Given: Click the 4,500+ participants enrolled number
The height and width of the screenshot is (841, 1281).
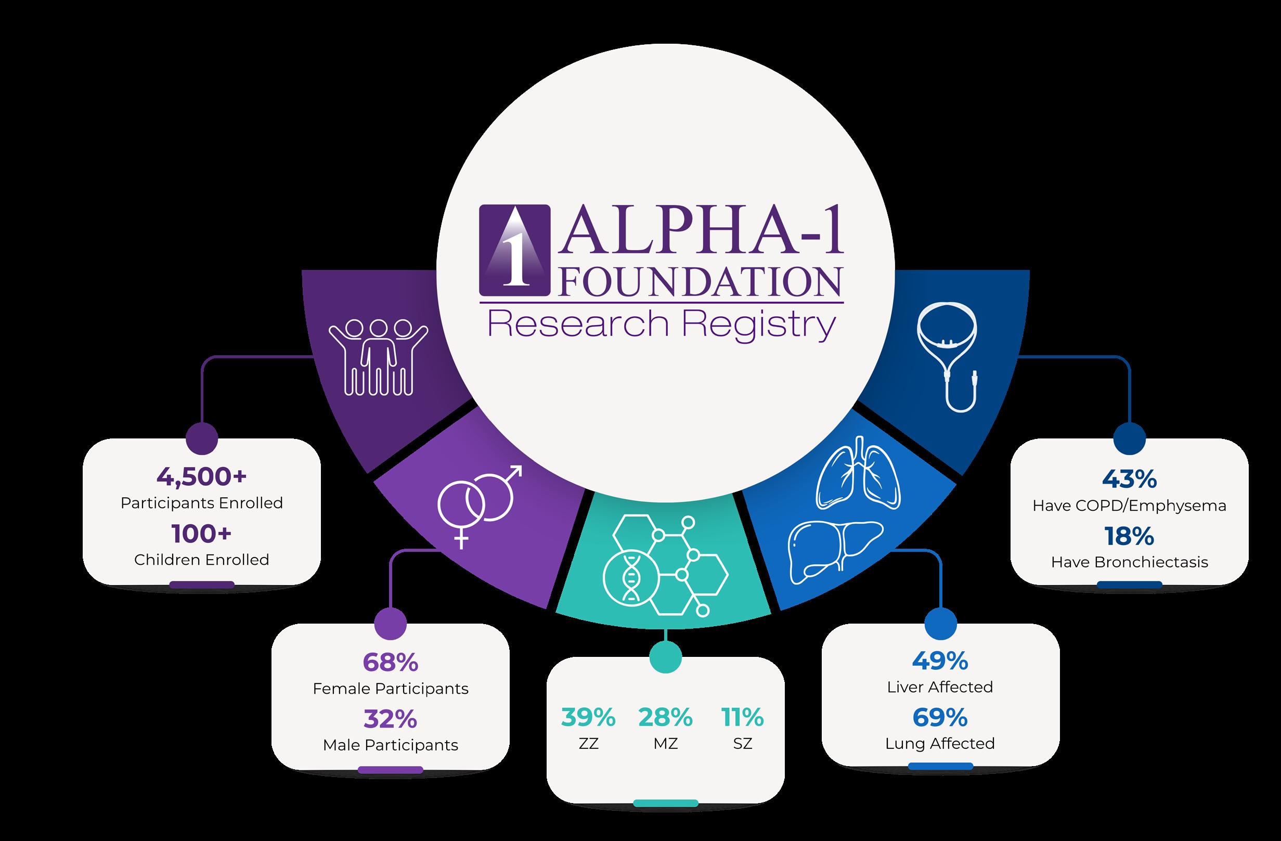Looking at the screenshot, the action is coord(201,477).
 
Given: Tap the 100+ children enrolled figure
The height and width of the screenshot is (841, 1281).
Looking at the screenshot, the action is coord(201,534).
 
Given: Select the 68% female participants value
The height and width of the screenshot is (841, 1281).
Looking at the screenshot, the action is coord(390,663).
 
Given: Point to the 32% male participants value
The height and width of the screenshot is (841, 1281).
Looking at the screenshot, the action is coord(390,719).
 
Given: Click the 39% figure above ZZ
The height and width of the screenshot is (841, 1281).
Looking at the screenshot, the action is coord(588,717).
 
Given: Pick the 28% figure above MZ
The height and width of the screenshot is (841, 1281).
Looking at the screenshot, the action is coord(666,717).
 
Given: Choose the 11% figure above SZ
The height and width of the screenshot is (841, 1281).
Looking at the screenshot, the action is coord(742,717).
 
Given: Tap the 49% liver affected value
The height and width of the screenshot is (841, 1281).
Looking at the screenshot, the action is coord(940,661).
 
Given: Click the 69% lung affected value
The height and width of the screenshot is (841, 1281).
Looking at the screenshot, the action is coord(940,717).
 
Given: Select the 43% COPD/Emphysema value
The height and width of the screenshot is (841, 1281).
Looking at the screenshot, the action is coord(1129,480).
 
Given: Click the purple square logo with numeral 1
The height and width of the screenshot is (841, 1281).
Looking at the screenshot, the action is coord(515,250).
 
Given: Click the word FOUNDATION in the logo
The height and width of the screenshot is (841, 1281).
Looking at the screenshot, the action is coord(700,282).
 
